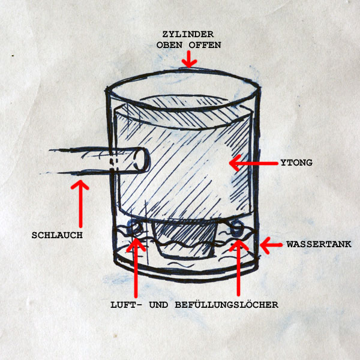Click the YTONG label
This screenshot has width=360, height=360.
(296, 163)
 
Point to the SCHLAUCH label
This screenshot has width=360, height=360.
(57, 235)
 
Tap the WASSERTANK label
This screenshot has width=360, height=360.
(318, 244)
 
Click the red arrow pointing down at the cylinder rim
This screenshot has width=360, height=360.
(189, 58)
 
